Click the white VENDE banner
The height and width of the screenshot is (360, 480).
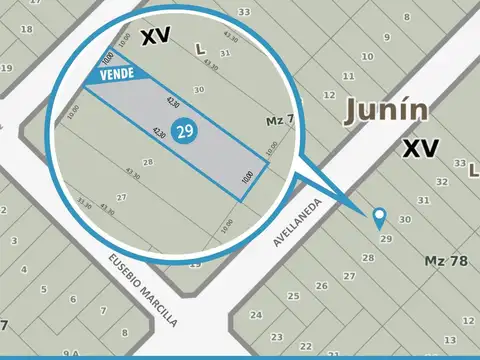[118, 74]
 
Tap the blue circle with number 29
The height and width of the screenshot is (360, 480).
[183, 132]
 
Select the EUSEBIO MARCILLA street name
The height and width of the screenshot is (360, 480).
[143, 289]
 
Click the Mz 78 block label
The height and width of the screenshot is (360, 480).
[446, 261]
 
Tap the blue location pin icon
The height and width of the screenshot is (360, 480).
[379, 217]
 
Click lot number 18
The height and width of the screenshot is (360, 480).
[27, 29]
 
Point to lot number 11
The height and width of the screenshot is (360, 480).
[347, 76]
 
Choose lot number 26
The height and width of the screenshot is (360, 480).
[322, 285]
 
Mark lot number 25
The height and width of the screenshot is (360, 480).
[293, 296]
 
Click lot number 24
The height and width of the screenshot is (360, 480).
[258, 315]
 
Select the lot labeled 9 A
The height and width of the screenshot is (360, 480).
[71, 353]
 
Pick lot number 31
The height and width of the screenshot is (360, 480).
[424, 200]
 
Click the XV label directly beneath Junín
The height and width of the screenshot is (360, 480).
[421, 150]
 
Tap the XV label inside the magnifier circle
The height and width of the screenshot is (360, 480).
[155, 37]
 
